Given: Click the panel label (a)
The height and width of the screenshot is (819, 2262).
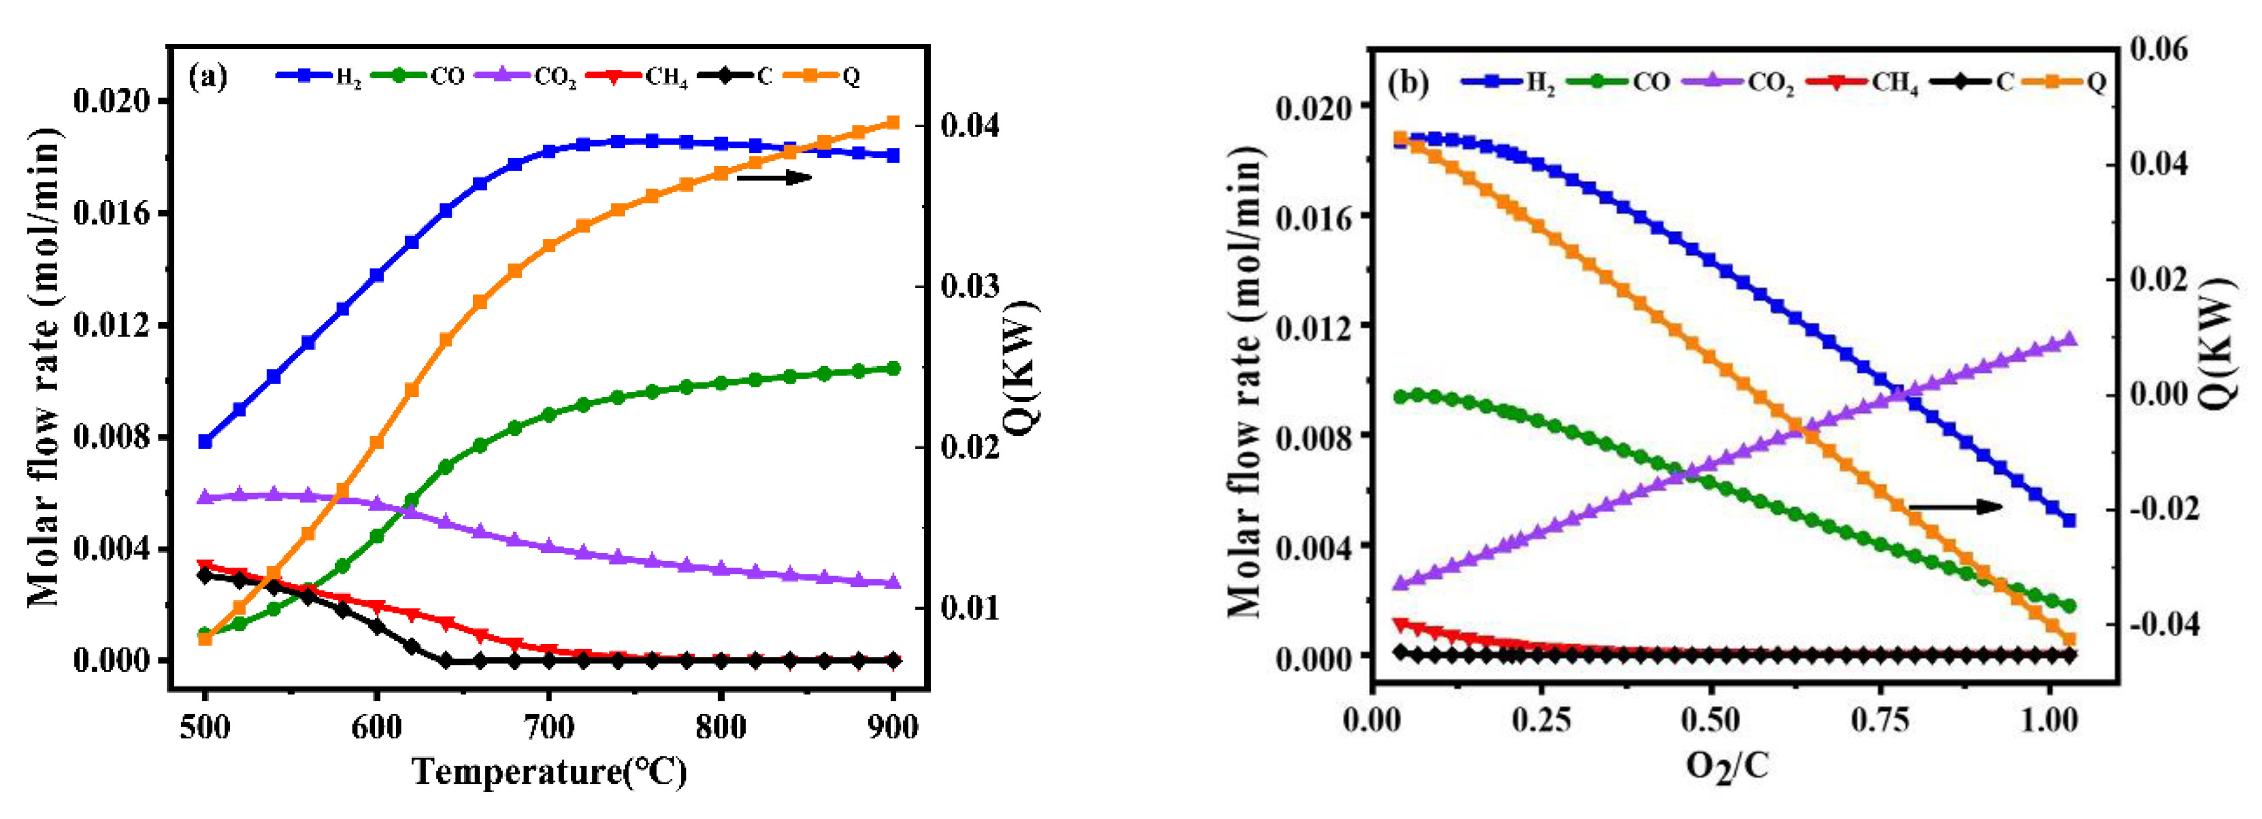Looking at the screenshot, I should [x=208, y=78].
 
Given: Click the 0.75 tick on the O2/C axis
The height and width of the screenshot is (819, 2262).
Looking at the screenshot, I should [x=1879, y=721].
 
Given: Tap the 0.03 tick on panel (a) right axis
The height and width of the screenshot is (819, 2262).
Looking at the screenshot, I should [x=970, y=286].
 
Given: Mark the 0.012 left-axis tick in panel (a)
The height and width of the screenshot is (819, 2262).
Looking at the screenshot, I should [x=115, y=325].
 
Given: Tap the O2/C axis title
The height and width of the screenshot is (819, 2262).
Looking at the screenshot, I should [x=1726, y=766].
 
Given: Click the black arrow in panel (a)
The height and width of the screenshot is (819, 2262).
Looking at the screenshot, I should [x=774, y=178].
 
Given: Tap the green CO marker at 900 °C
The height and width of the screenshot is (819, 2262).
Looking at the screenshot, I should [x=893, y=369].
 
